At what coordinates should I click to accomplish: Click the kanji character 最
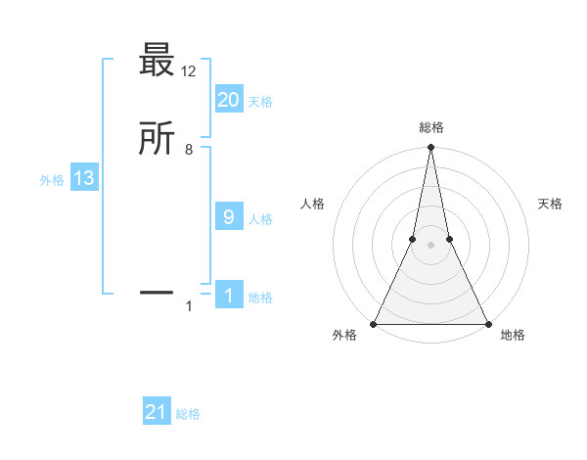pyautogui.click(x=157, y=61)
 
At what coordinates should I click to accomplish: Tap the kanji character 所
pyautogui.click(x=157, y=140)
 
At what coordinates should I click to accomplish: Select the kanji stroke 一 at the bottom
pyautogui.click(x=157, y=292)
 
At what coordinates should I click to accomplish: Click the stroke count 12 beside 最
pyautogui.click(x=189, y=70)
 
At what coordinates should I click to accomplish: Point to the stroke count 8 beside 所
pyautogui.click(x=189, y=150)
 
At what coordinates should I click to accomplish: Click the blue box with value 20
pyautogui.click(x=228, y=100)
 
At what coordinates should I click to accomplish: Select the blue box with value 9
pyautogui.click(x=228, y=217)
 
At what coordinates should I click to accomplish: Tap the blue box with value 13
pyautogui.click(x=83, y=178)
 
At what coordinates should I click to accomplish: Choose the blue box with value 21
pyautogui.click(x=157, y=412)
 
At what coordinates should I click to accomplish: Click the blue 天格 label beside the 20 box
pyautogui.click(x=260, y=102)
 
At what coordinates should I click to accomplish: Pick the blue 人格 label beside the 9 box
pyautogui.click(x=260, y=219)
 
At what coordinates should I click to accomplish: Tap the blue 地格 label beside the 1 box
pyautogui.click(x=260, y=298)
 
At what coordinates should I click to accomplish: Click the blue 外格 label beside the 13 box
pyautogui.click(x=52, y=180)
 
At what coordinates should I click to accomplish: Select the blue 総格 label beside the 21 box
pyautogui.click(x=188, y=414)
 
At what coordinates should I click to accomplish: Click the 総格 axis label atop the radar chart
pyautogui.click(x=430, y=127)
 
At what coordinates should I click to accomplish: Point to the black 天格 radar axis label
pyautogui.click(x=550, y=204)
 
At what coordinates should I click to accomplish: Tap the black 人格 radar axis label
pyautogui.click(x=312, y=204)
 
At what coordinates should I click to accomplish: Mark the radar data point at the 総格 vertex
pyautogui.click(x=430, y=148)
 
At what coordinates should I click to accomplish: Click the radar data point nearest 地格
pyautogui.click(x=487, y=323)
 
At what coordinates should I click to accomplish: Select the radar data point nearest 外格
pyautogui.click(x=374, y=323)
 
